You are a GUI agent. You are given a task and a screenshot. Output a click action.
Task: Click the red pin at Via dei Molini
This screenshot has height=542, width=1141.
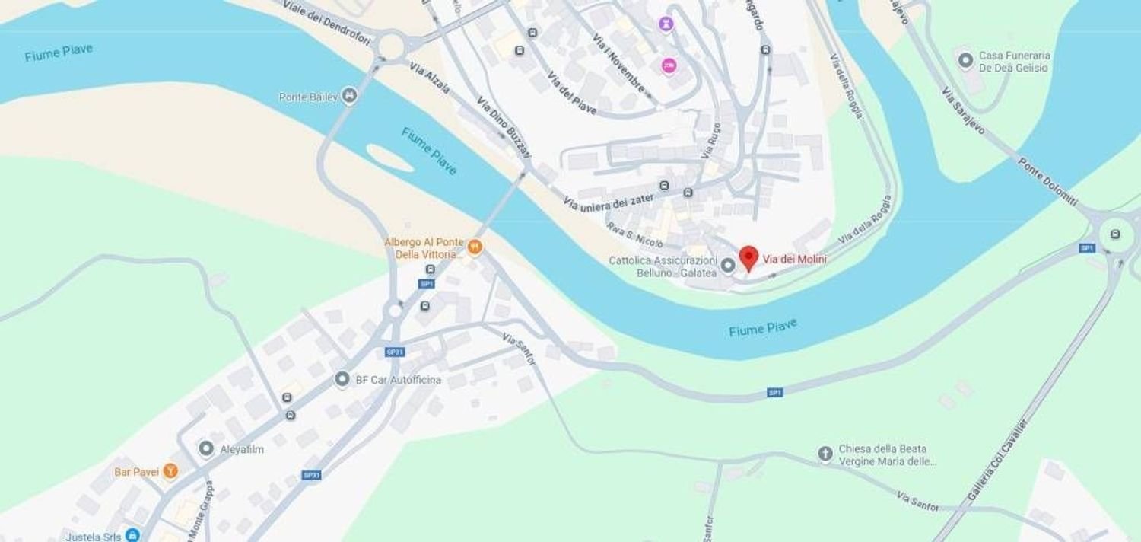[x=748, y=257]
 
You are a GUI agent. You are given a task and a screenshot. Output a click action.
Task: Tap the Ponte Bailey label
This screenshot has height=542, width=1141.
[x=308, y=97]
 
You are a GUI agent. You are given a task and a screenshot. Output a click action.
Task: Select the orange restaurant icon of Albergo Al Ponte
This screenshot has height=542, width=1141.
[x=475, y=247]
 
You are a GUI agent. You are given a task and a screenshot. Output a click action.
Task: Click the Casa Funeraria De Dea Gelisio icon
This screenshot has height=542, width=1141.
[x=965, y=60]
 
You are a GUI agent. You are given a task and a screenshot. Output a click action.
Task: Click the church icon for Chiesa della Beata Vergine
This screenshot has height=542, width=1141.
[x=825, y=454]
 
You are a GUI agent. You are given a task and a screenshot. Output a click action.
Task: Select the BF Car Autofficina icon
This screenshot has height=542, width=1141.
[x=342, y=379]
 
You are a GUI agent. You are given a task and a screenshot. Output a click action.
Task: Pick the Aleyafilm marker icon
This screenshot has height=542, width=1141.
[x=206, y=448]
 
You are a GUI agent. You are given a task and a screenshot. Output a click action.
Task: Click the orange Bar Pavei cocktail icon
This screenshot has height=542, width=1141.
[x=170, y=472]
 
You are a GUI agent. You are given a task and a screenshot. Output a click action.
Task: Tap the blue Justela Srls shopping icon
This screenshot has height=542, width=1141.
[x=132, y=535]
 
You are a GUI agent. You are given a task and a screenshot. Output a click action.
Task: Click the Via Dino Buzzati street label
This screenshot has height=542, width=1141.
[x=504, y=128]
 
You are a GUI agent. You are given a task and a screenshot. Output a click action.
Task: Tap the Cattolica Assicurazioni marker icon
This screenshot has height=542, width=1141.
[x=727, y=265]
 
